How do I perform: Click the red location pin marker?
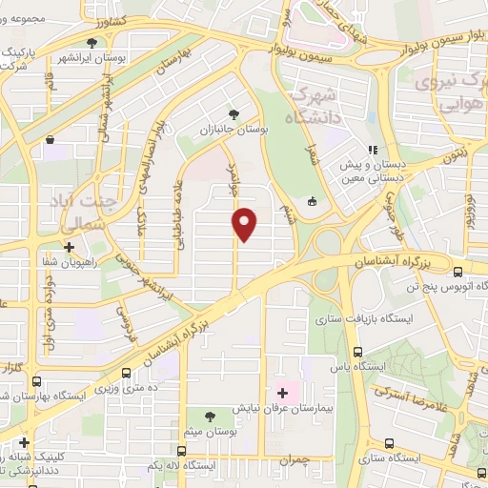point(246,224)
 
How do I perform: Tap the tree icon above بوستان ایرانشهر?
point(92,42)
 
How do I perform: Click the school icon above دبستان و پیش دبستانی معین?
point(374,150)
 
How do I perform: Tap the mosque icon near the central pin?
point(314,202)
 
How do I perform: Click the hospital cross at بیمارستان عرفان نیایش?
point(282,392)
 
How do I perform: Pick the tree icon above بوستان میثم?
point(211,415)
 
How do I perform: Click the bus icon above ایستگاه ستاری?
point(389,443)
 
